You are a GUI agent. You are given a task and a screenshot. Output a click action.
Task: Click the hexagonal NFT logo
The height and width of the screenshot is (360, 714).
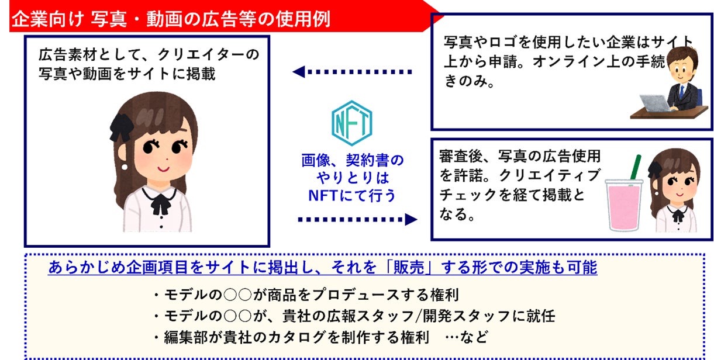point(353,122)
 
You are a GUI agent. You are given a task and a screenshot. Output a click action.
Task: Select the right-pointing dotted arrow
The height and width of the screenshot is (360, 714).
point(357,219)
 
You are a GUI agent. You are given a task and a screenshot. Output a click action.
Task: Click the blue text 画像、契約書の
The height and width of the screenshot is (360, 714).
point(352,160)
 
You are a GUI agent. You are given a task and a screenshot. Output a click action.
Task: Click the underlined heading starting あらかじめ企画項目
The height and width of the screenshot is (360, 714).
point(322,267)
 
